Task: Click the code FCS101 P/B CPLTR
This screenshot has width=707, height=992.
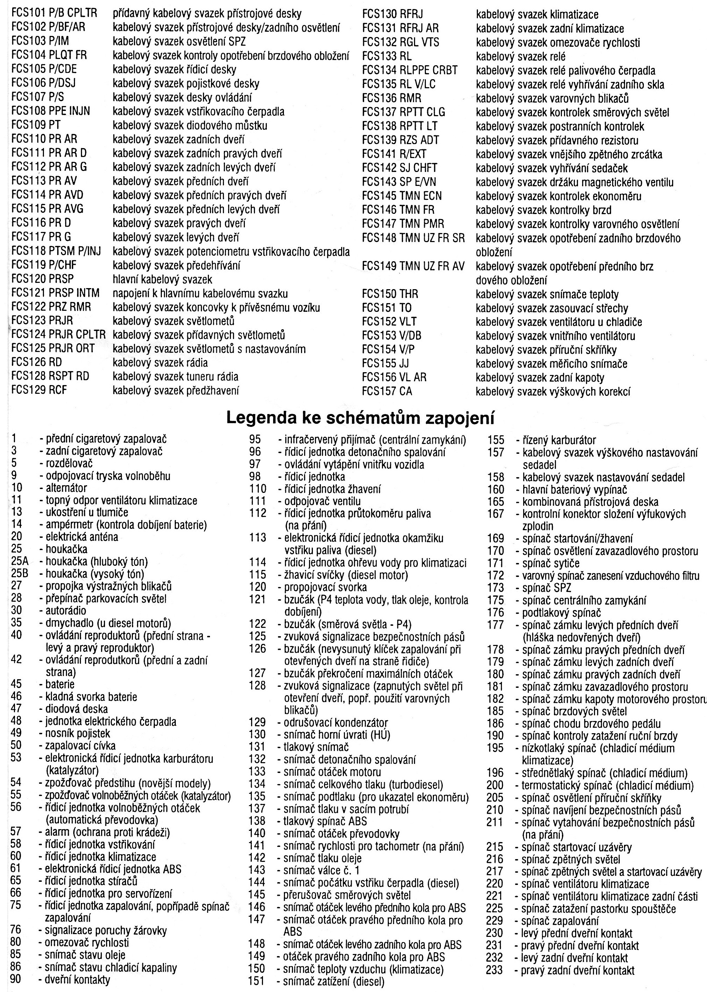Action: point(54,14)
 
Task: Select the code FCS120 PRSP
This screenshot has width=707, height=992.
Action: point(43,279)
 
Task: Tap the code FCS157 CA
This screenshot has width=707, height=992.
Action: point(386,391)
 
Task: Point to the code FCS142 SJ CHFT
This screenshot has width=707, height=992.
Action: point(399,167)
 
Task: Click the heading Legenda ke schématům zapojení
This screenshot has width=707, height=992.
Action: point(360,418)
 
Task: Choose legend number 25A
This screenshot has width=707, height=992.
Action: point(20,561)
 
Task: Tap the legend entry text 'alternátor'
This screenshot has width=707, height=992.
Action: point(66,488)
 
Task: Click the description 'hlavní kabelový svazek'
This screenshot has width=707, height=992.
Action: point(163,279)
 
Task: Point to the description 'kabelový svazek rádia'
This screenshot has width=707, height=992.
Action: point(160,363)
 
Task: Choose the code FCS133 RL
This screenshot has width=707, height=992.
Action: point(386,56)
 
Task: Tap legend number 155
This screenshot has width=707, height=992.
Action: point(495,440)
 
